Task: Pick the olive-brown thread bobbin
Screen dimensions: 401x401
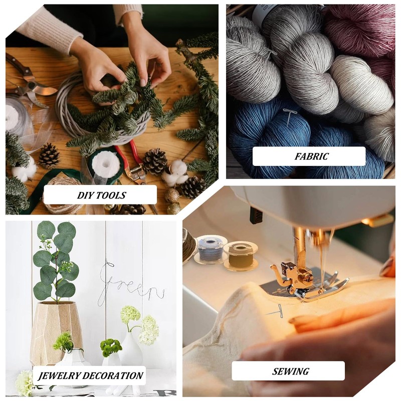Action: [241, 256]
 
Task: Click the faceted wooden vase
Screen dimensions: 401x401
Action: [55, 332]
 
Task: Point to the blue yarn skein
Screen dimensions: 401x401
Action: [271, 133]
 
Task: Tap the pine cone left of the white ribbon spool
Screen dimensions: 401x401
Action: [49, 156]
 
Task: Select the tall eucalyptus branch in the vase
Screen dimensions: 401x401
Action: [56, 261]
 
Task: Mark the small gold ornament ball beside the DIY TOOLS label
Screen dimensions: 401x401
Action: [171, 195]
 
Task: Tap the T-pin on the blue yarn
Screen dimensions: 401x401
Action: [290, 116]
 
